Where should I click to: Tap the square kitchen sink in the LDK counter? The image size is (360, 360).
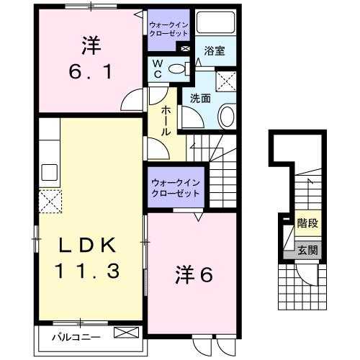click(x=50, y=172)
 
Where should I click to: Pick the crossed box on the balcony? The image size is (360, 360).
click(x=125, y=333)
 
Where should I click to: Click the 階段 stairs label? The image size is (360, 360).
click(x=307, y=224)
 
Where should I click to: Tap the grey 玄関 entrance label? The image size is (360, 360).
click(x=307, y=251)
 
